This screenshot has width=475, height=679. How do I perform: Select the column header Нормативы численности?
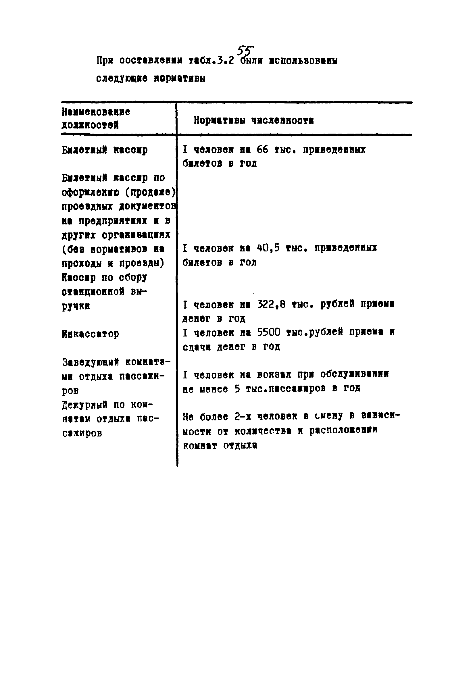[253, 120]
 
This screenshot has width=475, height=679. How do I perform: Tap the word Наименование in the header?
[96, 112]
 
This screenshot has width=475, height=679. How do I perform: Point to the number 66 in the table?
[262, 149]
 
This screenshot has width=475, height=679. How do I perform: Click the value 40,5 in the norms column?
[268, 248]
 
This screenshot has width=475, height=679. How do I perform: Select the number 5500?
[268, 332]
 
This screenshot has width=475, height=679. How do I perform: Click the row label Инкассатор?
[90, 334]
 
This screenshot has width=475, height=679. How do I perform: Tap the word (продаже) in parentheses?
[150, 192]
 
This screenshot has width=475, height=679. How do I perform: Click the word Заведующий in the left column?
[91, 362]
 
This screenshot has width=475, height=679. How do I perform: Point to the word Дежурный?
[84, 405]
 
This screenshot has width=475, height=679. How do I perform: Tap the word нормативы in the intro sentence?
[180, 78]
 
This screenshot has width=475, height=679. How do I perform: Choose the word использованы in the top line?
[303, 61]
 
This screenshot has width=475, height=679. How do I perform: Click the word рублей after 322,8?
[337, 304]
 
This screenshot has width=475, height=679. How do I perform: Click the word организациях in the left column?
[136, 235]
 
